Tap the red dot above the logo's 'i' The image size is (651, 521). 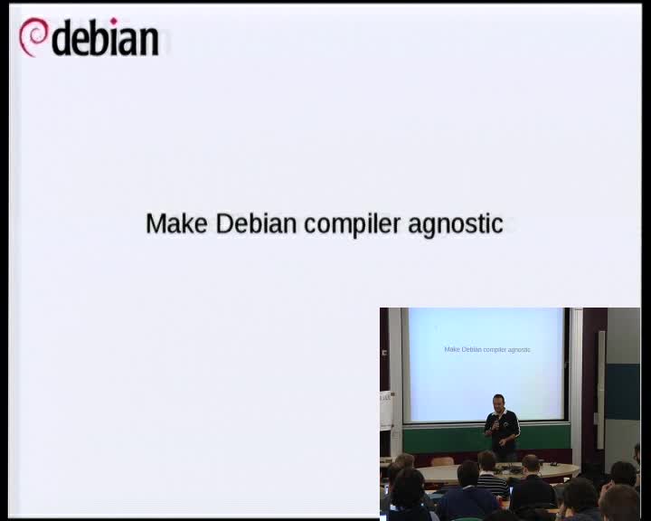coord(113,21)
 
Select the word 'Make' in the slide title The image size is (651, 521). coord(177,223)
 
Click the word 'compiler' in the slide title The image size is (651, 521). coord(353,224)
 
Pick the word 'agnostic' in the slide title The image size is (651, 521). coord(456,224)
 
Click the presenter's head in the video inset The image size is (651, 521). coord(497,403)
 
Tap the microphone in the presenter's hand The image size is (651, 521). coord(495,424)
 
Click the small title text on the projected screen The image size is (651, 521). coord(487,349)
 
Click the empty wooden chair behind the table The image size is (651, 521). coord(441,461)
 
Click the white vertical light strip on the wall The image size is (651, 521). coord(600,390)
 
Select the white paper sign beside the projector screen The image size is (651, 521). coord(386,410)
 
